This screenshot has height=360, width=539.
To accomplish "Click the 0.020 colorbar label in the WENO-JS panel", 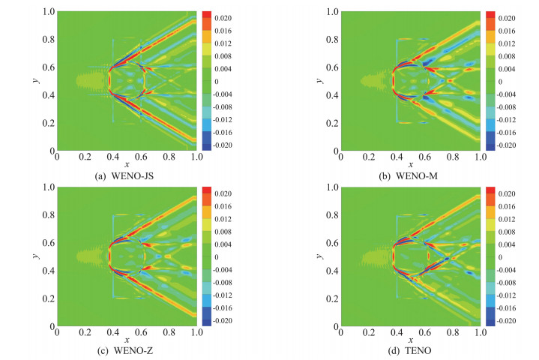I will point(223,17).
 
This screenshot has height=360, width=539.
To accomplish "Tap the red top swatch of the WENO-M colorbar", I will point(490,15).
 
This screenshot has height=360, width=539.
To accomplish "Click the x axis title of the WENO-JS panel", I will point(127,164).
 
